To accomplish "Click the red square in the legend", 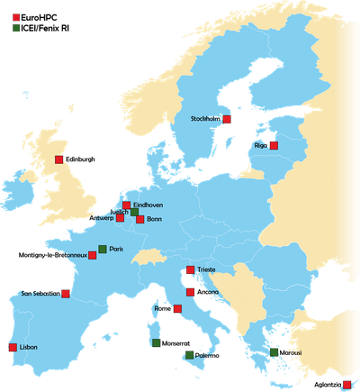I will click(x=16, y=17).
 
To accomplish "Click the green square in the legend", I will click(x=16, y=29).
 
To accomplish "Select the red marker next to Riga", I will click(x=274, y=145).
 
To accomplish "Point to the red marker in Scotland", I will click(x=58, y=160).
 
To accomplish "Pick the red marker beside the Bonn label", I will click(x=139, y=219).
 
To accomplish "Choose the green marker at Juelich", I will click(x=134, y=213).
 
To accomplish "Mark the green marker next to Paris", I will click(x=102, y=249).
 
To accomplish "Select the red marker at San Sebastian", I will click(x=66, y=294).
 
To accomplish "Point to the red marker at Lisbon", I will click(x=12, y=347).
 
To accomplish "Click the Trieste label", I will click(x=207, y=269).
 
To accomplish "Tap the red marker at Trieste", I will click(x=190, y=270).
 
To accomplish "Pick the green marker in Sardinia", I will click(x=156, y=342).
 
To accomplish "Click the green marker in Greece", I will click(x=274, y=352).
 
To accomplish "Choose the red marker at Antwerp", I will click(x=120, y=217).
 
